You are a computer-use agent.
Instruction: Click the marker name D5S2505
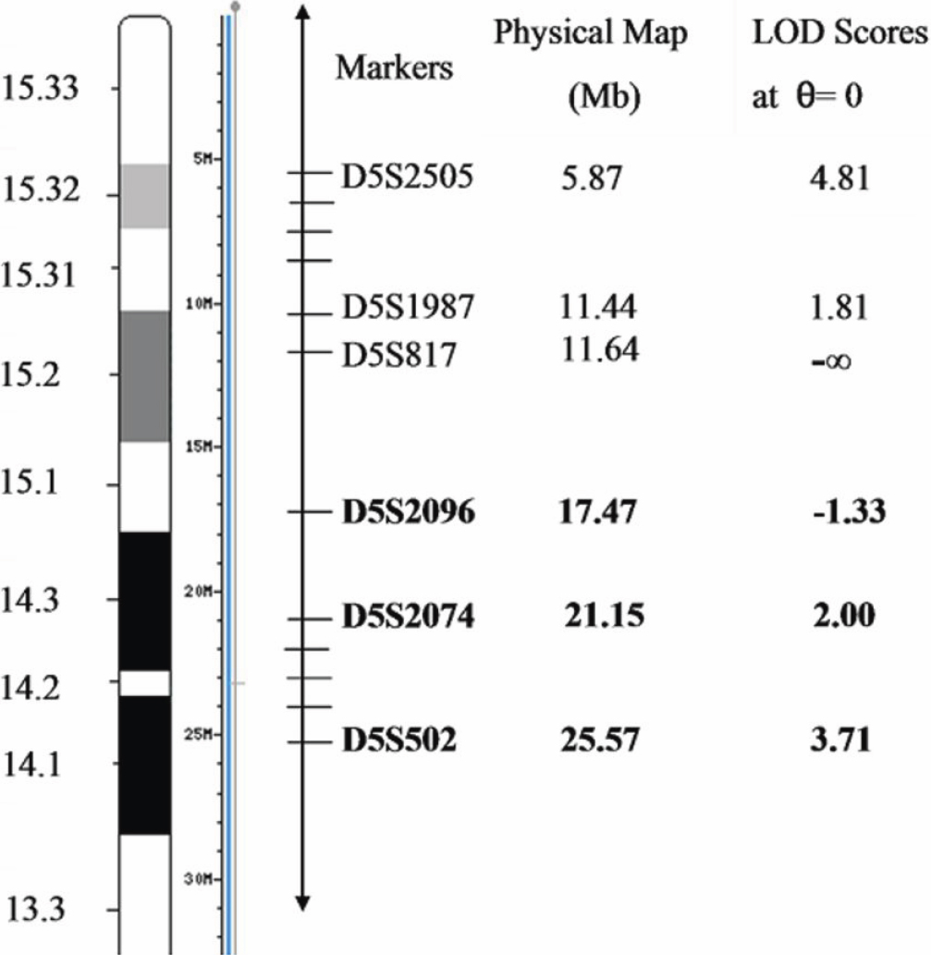coord(407,176)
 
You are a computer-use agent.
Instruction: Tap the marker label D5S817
coord(399,354)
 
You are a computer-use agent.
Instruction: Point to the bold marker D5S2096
coord(409,510)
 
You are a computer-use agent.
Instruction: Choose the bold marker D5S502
coord(399,741)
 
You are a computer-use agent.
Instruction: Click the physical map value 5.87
coord(593,178)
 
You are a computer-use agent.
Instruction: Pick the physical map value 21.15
coord(604,616)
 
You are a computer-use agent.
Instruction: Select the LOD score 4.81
coord(839,178)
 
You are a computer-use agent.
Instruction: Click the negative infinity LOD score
coord(831,361)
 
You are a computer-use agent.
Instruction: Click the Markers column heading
coord(395,68)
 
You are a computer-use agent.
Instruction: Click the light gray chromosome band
coord(144,195)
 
